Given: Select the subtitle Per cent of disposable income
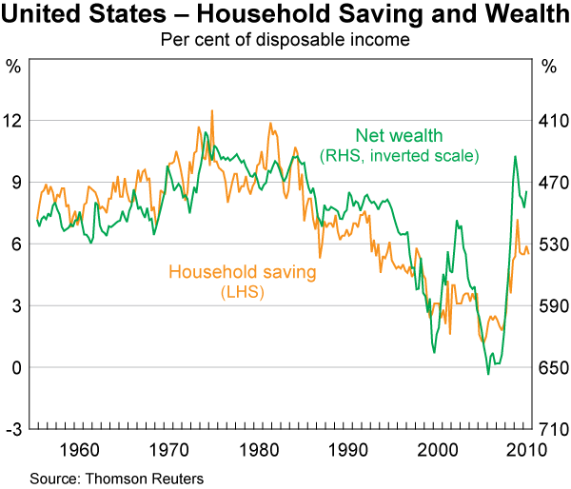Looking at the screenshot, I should (285, 40).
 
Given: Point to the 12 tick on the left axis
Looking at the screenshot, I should (14, 121).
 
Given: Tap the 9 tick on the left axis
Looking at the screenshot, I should (14, 183).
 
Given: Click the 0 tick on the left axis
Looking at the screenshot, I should (14, 368).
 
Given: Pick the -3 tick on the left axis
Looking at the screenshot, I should (13, 430).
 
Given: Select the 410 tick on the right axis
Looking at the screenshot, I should (549, 121).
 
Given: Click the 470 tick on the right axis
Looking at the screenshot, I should (549, 183).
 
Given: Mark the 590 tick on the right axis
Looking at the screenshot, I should (549, 306).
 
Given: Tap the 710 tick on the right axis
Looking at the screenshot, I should (549, 430).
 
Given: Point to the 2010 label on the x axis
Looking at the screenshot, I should (528, 448).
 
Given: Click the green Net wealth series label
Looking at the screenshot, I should (399, 136).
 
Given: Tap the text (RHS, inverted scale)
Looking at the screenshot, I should (399, 154).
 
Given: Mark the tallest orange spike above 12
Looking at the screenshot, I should (211, 110).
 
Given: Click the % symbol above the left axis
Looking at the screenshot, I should (13, 67).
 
